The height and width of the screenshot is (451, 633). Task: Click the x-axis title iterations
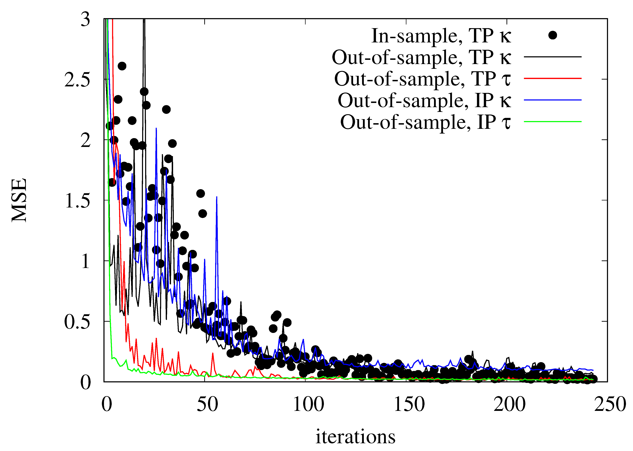355,437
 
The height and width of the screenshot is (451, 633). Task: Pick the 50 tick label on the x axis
207,404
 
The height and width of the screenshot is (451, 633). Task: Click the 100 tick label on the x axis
308,404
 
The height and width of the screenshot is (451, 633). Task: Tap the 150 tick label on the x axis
409,404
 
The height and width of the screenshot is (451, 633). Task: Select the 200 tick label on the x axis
509,404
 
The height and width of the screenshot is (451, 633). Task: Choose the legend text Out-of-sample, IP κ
424,100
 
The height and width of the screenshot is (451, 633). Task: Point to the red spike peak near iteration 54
213,353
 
